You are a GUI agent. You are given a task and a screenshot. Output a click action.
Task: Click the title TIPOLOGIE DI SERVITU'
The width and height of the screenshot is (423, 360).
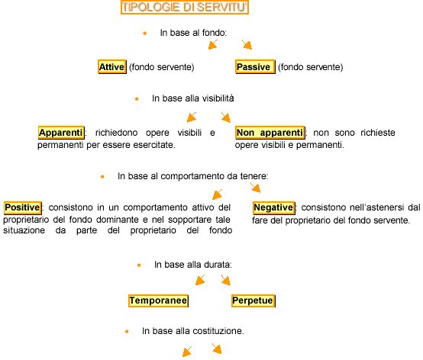[x=185, y=8]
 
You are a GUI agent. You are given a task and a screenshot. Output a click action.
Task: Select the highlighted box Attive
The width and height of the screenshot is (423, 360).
[x=112, y=66]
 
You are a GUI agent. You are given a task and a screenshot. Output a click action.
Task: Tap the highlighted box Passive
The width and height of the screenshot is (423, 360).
[x=255, y=66]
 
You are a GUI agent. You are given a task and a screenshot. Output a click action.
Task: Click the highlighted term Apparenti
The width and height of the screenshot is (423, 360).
[x=61, y=133]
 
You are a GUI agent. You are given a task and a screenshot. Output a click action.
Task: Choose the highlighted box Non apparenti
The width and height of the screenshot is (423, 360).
[x=270, y=133]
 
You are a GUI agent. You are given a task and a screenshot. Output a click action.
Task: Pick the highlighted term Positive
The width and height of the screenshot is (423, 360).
[x=23, y=207]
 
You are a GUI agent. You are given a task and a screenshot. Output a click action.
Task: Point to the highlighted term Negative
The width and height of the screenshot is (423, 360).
[x=274, y=207]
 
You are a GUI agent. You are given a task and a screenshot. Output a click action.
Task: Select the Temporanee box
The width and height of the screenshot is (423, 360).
[x=158, y=301]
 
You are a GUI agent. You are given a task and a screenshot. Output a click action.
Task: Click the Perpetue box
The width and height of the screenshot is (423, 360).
[x=253, y=301]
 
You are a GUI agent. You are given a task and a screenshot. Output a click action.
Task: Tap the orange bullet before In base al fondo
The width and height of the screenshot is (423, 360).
[x=145, y=34]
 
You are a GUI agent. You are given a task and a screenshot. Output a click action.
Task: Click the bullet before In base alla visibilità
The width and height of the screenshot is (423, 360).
[x=137, y=99]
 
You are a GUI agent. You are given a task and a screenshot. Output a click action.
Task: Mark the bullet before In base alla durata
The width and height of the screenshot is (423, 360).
[x=139, y=265]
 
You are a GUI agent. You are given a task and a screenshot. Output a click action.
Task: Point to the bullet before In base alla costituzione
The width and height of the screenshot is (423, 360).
[x=127, y=332]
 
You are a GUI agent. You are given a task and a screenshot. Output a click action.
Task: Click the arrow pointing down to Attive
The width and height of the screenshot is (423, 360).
[x=213, y=44]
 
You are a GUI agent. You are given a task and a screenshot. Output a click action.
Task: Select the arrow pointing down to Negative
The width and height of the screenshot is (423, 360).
[x=256, y=188]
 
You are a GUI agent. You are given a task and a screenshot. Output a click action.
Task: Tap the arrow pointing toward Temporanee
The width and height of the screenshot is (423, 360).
[x=200, y=280]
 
